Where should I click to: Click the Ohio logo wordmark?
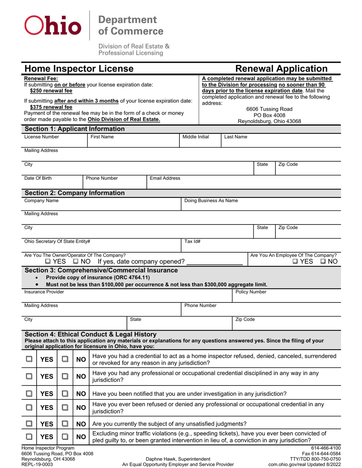pos(53,25)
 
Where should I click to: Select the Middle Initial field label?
pos(195,137)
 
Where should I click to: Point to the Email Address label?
pos(165,178)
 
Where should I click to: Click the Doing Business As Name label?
pos(211,201)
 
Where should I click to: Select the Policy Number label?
pos(251,292)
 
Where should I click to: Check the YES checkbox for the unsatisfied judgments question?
pos(29,423)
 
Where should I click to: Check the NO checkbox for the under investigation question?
pos(65,393)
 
